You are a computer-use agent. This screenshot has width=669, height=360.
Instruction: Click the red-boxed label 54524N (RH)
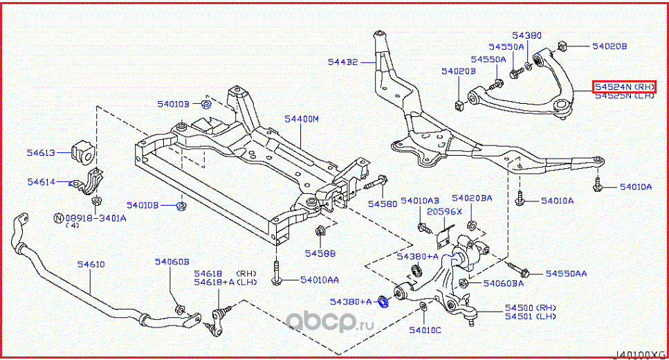623,87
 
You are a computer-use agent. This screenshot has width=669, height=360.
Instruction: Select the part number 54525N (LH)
623,96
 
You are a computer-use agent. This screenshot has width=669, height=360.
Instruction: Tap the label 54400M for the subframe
302,119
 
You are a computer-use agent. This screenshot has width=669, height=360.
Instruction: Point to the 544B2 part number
342,62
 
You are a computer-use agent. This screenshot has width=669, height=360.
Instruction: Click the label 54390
526,35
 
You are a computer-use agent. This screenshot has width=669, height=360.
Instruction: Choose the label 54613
42,154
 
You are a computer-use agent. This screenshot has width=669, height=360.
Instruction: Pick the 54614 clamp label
42,181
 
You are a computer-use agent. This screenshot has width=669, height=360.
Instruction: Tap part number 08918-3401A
95,217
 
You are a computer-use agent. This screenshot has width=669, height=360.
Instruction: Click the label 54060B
172,261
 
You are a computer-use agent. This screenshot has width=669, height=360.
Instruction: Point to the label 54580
382,204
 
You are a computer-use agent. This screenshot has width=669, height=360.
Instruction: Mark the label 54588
320,253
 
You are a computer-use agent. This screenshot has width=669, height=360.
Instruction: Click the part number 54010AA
319,280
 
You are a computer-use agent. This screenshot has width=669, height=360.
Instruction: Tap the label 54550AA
566,273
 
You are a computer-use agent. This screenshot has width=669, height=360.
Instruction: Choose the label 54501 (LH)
530,316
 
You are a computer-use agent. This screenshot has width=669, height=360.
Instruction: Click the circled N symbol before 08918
59,217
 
